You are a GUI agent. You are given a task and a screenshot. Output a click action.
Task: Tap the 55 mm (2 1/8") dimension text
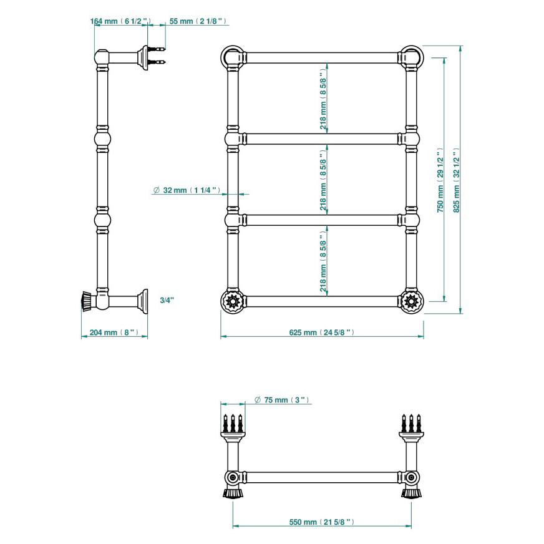(198, 21)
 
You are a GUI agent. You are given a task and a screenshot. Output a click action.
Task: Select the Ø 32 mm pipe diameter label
(187, 190)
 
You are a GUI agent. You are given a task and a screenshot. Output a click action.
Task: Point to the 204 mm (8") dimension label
(114, 333)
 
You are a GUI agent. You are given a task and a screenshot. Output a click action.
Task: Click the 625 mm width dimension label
(322, 333)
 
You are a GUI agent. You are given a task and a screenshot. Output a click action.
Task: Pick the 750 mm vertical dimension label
(440, 180)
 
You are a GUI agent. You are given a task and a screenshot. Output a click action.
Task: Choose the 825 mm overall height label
(456, 180)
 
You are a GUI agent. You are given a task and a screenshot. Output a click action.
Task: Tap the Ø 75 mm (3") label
(282, 400)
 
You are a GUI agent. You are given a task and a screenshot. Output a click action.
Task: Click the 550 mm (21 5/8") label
(322, 522)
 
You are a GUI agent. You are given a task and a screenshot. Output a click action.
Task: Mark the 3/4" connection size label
(167, 300)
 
